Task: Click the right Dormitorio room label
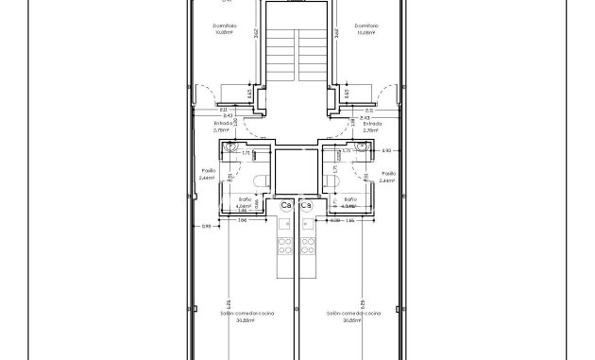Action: coord(367,26)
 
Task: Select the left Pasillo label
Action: coord(208,174)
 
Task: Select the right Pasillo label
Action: coord(388,174)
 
